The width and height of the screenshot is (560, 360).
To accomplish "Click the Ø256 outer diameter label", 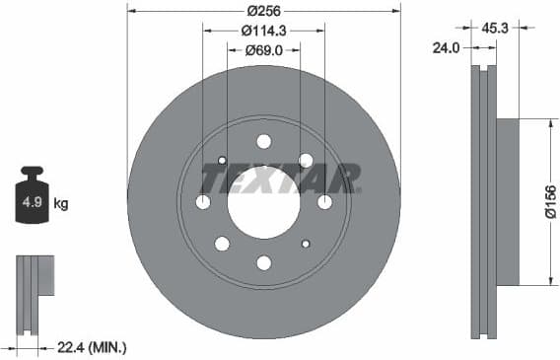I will [x=262, y=10].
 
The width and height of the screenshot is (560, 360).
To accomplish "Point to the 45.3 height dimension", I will [x=495, y=29].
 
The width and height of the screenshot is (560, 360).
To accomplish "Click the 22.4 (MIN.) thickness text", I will [x=94, y=347].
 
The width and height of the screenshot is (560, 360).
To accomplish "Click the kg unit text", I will [x=61, y=204].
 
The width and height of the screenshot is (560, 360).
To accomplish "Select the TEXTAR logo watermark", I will [x=280, y=179].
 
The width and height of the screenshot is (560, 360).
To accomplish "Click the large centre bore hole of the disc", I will [x=263, y=201].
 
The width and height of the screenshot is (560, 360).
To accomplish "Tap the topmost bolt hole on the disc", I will [x=263, y=141].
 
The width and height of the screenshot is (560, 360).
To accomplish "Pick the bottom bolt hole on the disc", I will [x=263, y=262].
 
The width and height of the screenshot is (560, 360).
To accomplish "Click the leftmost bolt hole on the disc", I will [x=203, y=202].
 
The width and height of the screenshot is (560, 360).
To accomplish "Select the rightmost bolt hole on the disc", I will [x=324, y=202].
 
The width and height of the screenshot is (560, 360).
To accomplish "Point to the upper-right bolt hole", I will [x=306, y=160].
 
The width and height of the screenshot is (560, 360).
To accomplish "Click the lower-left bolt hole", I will [x=222, y=244].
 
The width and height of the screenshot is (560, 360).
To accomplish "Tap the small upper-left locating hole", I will [x=222, y=161].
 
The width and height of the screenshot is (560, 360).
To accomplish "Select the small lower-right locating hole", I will [x=306, y=244].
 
